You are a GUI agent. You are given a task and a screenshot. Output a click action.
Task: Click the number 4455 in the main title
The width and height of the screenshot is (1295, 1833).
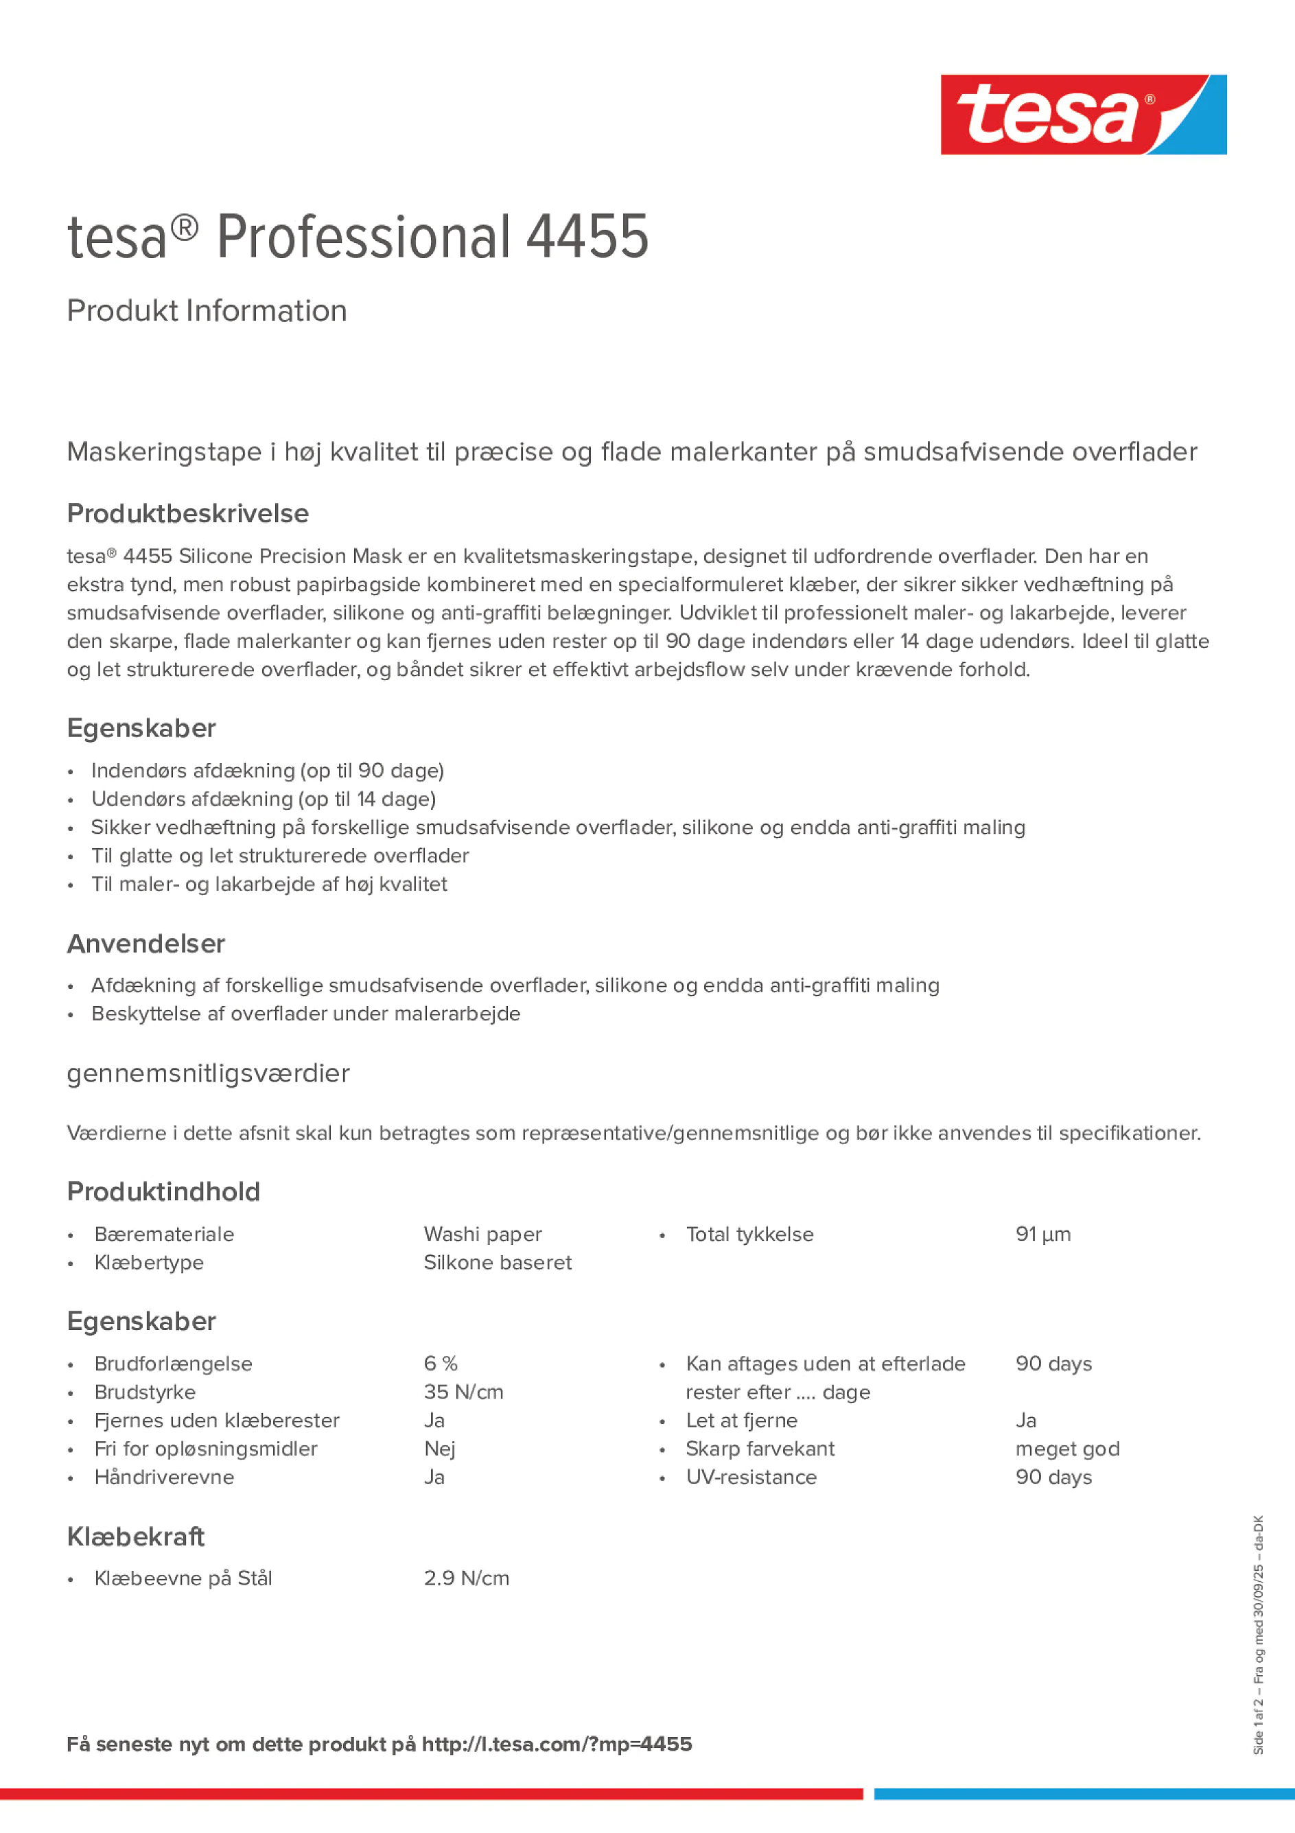pos(587,237)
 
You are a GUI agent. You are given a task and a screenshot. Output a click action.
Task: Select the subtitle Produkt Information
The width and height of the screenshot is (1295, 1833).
pos(207,311)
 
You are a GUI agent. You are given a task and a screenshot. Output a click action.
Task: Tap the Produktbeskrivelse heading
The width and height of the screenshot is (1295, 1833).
pos(187,513)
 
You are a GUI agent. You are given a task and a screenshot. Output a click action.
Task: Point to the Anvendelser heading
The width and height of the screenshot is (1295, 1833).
pos(146,944)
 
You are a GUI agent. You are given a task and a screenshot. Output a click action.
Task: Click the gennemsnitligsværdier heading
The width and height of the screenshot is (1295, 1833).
pos(209,1074)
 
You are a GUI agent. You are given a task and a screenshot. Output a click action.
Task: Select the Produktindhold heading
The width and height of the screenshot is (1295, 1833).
pos(163,1191)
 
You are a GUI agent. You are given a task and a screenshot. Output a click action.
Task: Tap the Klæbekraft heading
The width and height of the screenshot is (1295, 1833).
pos(136,1536)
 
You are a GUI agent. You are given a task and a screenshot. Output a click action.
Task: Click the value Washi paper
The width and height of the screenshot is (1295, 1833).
pos(482,1235)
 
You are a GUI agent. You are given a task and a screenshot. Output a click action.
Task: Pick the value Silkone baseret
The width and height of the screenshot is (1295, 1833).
pos(498,1262)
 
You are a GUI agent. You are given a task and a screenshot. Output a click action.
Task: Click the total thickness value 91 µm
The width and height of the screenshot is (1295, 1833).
pos(1042,1235)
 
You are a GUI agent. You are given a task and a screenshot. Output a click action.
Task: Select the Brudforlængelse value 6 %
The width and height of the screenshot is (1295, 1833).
pos(441,1364)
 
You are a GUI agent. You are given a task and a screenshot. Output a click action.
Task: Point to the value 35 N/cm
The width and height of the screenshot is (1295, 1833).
pos(463,1392)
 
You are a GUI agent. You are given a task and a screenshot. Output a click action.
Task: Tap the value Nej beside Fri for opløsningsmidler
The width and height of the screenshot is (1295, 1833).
pos(439,1448)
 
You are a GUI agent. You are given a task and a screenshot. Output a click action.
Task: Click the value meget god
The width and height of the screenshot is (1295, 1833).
pos(1067,1448)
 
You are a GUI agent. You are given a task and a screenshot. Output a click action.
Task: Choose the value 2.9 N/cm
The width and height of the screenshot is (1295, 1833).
pos(466,1578)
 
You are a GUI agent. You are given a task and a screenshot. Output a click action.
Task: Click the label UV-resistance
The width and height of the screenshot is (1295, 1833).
pos(751,1477)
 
